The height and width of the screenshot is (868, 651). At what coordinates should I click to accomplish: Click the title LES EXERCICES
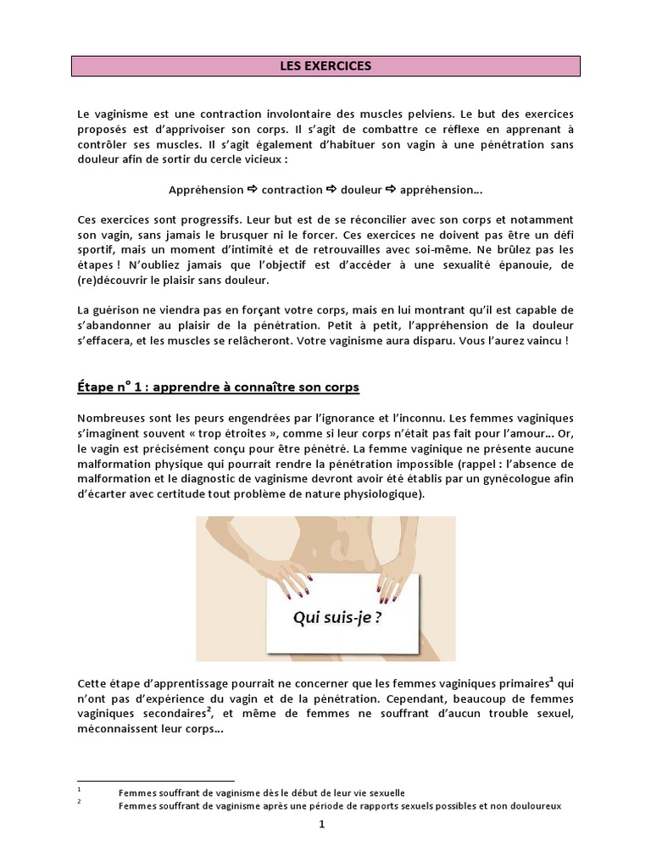pos(325,65)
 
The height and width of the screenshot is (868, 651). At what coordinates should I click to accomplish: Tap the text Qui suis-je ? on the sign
pos(337,617)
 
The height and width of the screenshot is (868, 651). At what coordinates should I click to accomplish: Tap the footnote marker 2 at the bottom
pos(79,801)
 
